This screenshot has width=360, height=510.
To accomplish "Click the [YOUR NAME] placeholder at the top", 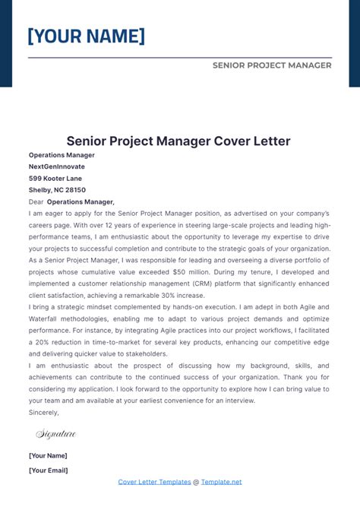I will [x=86, y=36].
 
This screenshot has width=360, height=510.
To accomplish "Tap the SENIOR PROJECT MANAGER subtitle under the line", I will [x=272, y=65].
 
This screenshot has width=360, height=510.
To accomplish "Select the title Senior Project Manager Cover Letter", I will [x=178, y=141].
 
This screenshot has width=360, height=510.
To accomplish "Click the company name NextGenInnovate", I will [x=57, y=166].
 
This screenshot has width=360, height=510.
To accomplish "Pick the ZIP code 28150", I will [x=75, y=190].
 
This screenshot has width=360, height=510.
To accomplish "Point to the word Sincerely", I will [x=44, y=412].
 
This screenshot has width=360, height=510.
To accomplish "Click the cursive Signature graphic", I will [x=56, y=434].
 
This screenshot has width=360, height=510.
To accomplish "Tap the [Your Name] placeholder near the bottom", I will [x=48, y=455].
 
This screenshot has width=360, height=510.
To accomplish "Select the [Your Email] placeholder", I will [x=48, y=470].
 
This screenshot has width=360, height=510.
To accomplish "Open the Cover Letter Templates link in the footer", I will [x=153, y=482].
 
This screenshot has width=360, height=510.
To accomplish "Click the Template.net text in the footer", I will [x=221, y=482].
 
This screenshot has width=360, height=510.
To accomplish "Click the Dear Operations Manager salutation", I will [x=71, y=202].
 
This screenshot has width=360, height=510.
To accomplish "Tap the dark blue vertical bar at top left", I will [x=5, y=42].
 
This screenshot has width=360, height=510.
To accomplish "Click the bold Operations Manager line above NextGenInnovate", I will [x=62, y=154].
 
